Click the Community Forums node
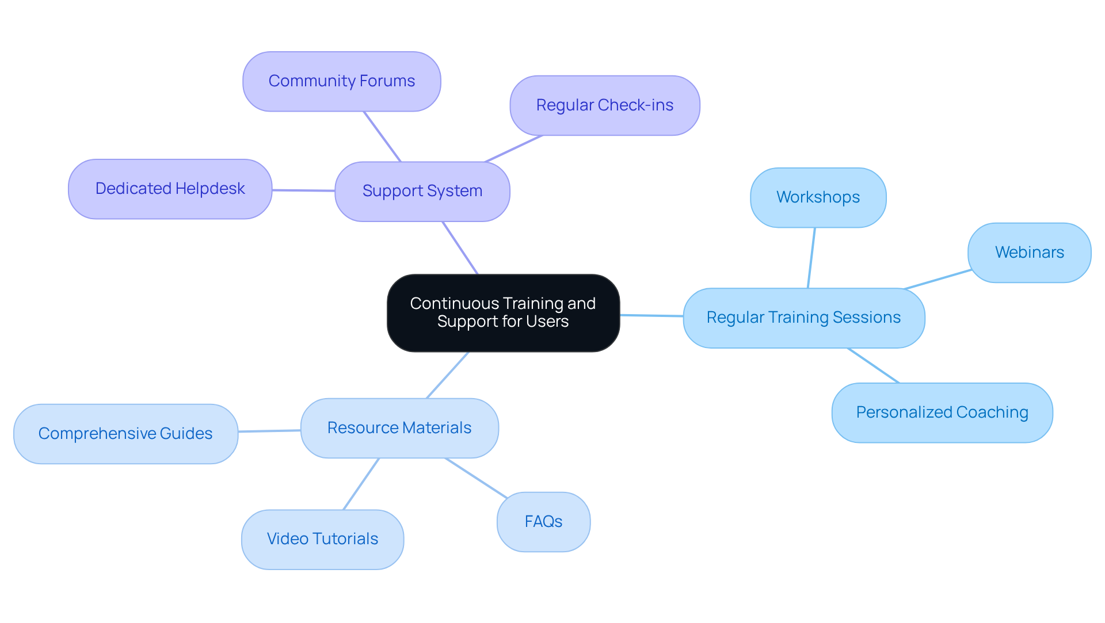[341, 81]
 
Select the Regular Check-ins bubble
[604, 105]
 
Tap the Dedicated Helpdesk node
[170, 189]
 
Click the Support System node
[422, 191]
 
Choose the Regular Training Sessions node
[803, 318]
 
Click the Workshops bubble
[818, 197]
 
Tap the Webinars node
[1029, 253]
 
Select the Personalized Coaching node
[942, 412]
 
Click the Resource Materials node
[399, 428]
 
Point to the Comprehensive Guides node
[125, 434]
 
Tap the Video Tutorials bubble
[322, 539]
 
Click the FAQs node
[543, 522]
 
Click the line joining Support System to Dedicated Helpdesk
[303, 190]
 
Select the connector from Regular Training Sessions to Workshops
[811, 258]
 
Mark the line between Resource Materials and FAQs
[476, 477]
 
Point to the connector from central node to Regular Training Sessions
[651, 315]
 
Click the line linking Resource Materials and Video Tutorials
[361, 484]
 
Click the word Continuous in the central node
[454, 303]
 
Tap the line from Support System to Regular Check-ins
[514, 148]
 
